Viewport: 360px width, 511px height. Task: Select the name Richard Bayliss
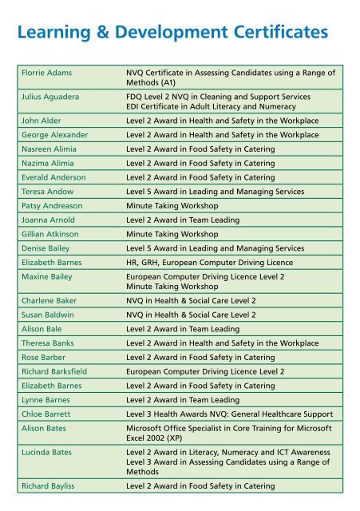point(47,485)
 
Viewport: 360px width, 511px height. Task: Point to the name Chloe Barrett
point(46,414)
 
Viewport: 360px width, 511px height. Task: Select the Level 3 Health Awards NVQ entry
point(231,414)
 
